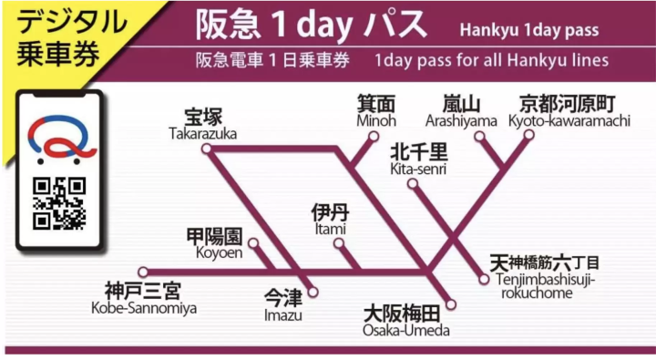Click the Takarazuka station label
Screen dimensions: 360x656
202,124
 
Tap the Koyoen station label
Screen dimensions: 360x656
215,243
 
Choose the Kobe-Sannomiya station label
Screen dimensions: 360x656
142,297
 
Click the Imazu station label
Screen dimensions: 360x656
282,305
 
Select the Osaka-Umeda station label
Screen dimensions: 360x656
406,320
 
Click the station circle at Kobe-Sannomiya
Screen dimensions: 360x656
143,272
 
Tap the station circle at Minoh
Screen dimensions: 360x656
373,137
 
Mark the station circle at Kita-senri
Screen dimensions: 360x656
413,184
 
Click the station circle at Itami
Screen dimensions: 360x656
339,243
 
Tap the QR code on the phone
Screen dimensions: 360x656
59,202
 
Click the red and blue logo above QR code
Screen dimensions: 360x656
57,140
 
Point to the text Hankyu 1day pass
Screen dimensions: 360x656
529,30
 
